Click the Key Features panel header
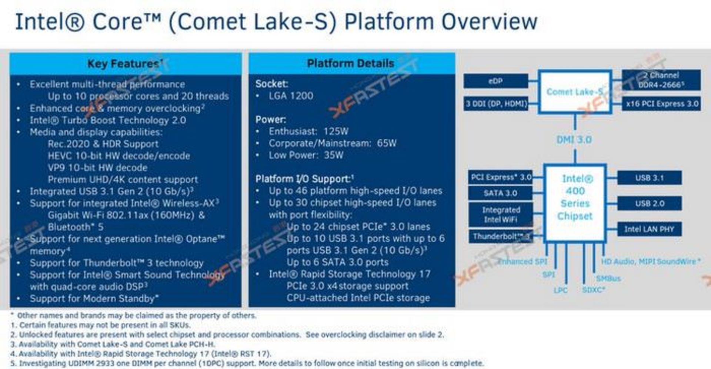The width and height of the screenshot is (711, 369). (x=125, y=64)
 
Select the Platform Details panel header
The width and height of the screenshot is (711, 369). (x=350, y=63)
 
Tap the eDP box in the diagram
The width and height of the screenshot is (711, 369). (x=495, y=81)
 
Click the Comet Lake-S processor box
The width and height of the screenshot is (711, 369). (x=574, y=92)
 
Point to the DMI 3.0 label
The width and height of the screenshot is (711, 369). (x=574, y=140)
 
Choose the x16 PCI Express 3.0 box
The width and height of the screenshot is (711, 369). (x=661, y=104)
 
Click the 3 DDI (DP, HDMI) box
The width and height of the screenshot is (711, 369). (x=496, y=104)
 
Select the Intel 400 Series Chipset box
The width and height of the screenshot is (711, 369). (x=575, y=203)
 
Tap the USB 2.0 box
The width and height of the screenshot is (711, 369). (x=649, y=203)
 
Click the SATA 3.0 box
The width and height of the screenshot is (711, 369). (x=500, y=193)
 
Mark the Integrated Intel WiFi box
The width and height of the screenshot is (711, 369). (x=501, y=215)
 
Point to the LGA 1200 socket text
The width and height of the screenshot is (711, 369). (x=291, y=96)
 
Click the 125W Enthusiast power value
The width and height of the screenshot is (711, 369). (x=336, y=132)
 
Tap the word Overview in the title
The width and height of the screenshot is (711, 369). (x=489, y=21)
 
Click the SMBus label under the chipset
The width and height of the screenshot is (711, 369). (x=608, y=279)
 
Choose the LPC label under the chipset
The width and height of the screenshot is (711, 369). (x=560, y=290)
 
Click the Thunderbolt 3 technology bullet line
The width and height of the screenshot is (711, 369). (x=116, y=263)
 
